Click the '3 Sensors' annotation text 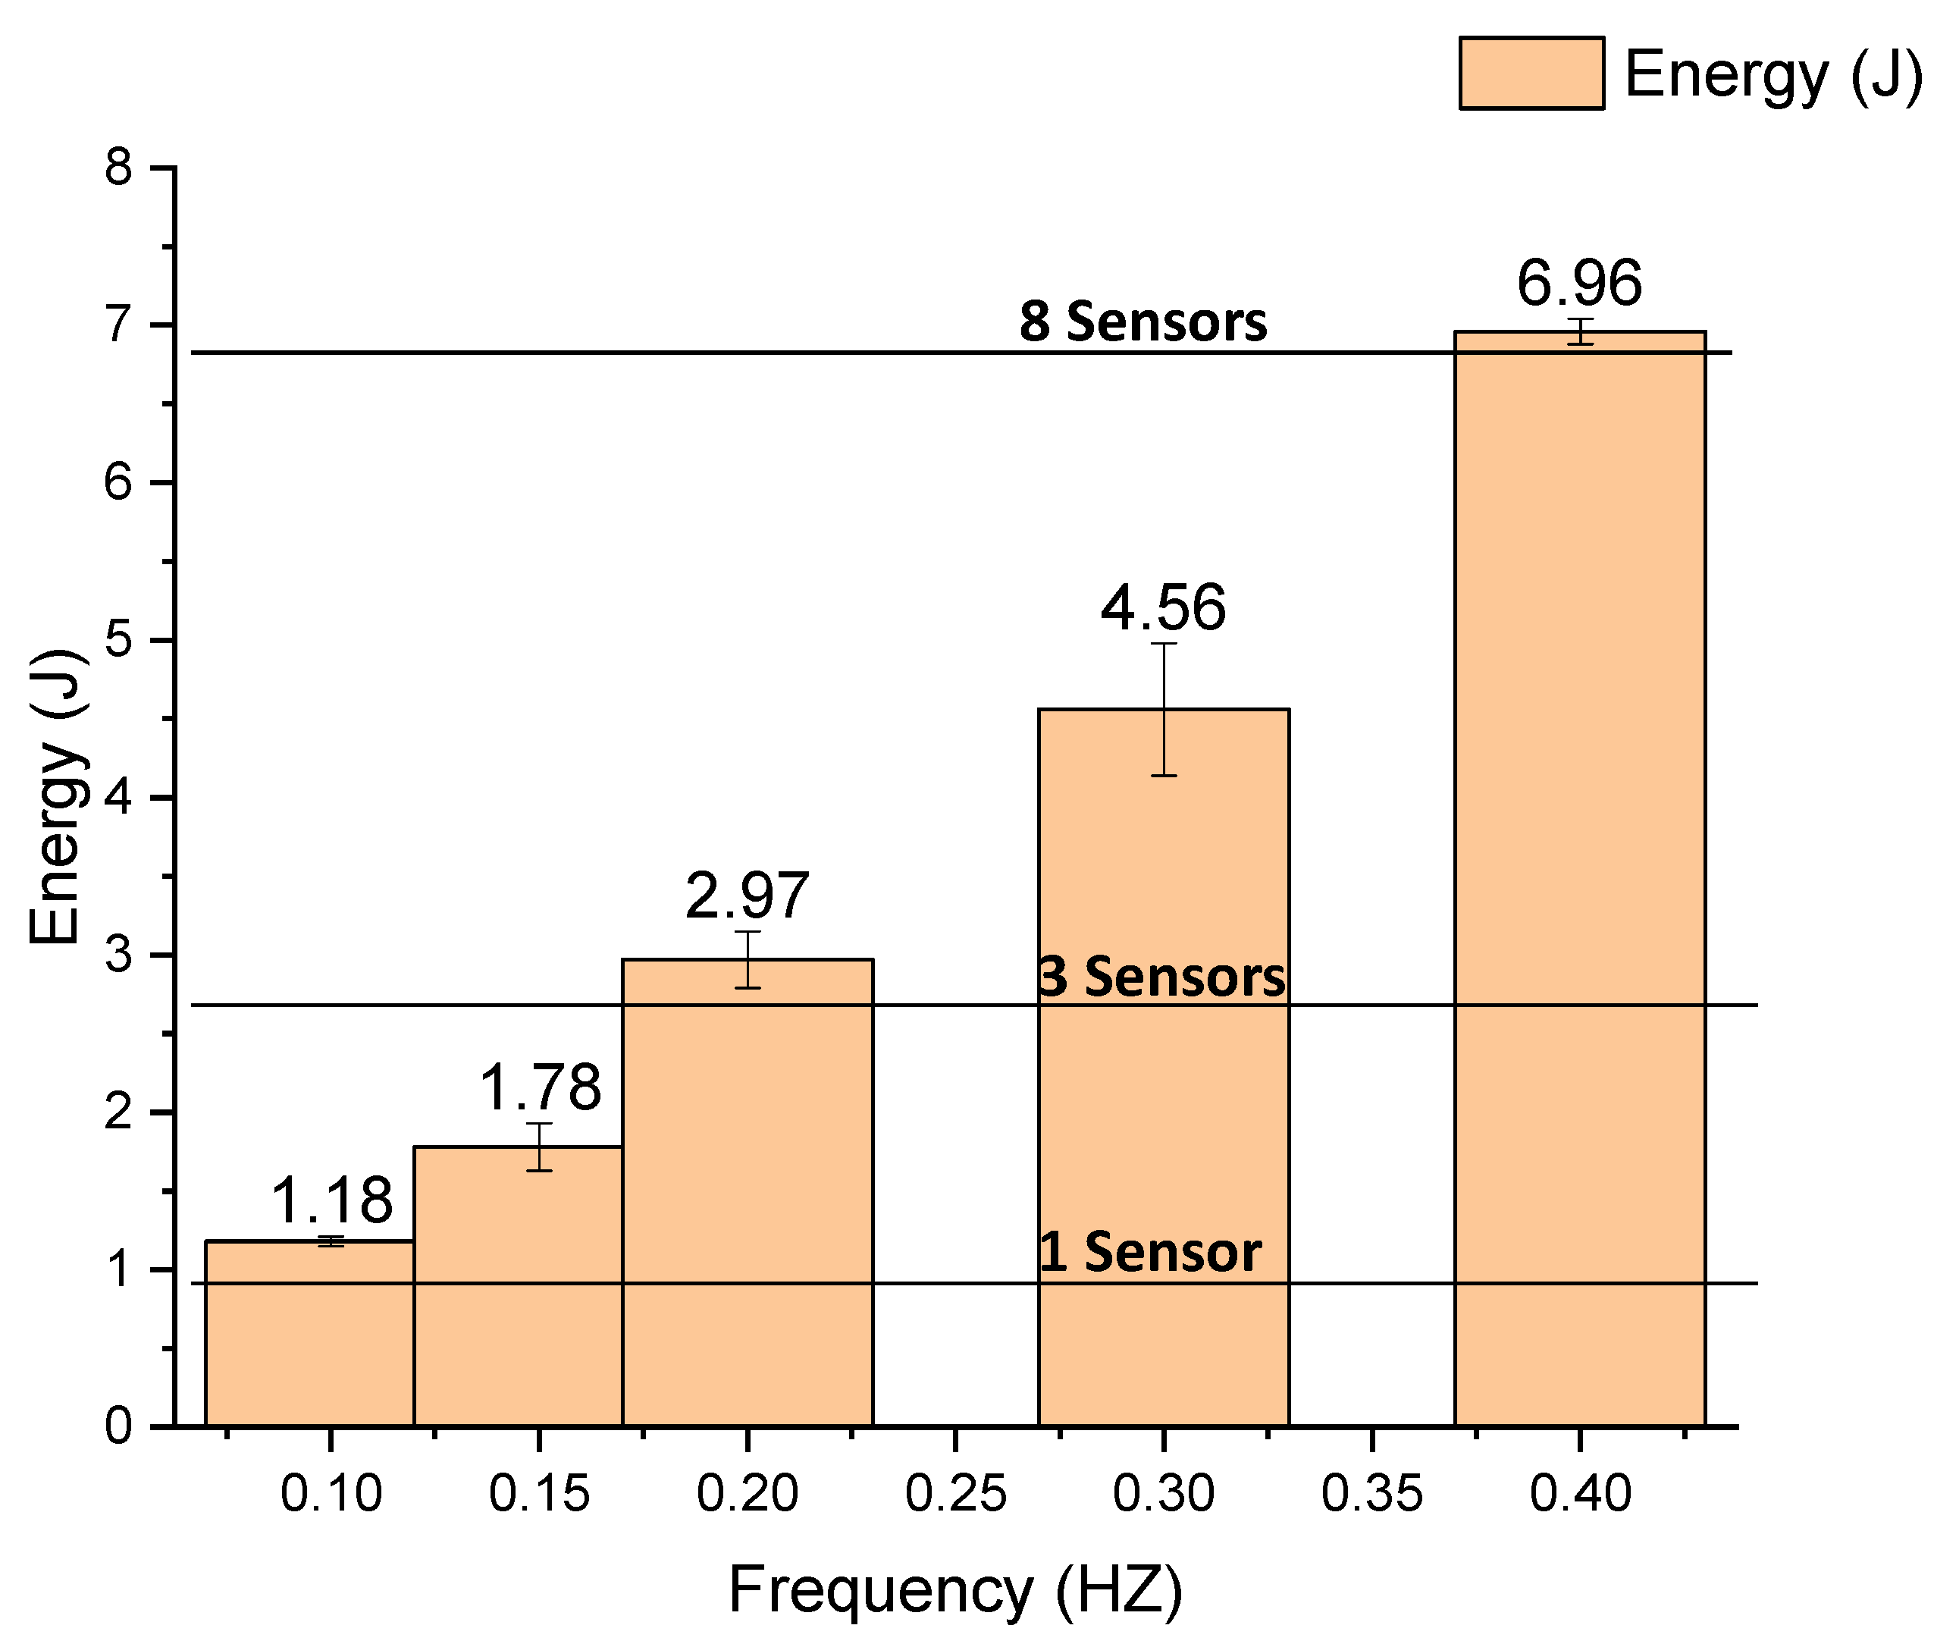tap(1161, 977)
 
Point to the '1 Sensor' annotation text tap(1149, 1252)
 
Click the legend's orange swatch tap(1531, 74)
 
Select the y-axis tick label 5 tap(118, 641)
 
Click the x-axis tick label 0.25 tap(955, 1494)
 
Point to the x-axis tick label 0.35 tap(1371, 1494)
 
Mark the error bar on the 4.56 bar tap(1163, 710)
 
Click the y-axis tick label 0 tap(118, 1426)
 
